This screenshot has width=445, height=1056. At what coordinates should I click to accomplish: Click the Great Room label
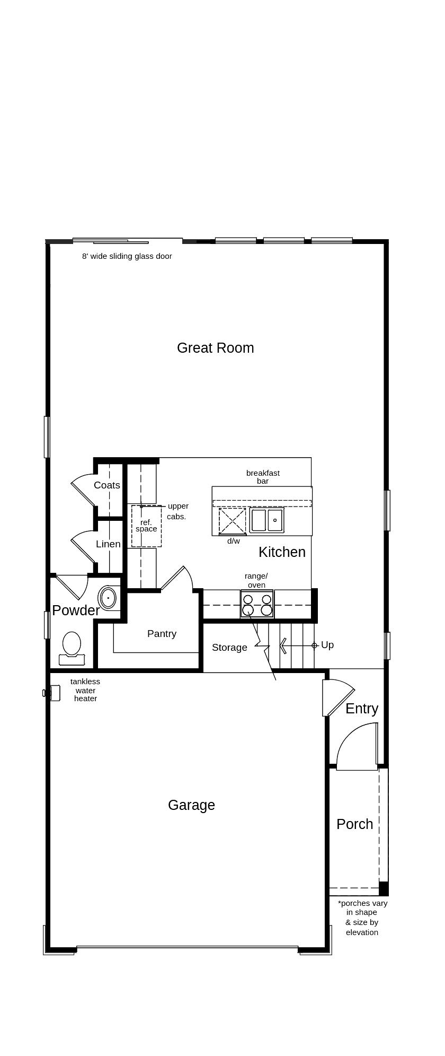pyautogui.click(x=215, y=348)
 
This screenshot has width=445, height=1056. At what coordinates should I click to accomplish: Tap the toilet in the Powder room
pyautogui.click(x=72, y=648)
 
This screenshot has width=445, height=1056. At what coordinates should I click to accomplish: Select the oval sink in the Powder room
pyautogui.click(x=108, y=598)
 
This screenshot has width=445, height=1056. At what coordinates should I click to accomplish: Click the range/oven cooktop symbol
pyautogui.click(x=257, y=604)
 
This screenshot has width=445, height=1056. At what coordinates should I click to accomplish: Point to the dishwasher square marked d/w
pyautogui.click(x=233, y=521)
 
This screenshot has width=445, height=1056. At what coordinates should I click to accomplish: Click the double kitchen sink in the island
pyautogui.click(x=267, y=520)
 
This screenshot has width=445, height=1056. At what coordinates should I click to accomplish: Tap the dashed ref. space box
pyautogui.click(x=147, y=526)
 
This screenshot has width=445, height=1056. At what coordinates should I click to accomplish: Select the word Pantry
pyautogui.click(x=162, y=634)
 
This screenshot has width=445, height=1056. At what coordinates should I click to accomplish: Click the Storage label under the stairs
pyautogui.click(x=229, y=648)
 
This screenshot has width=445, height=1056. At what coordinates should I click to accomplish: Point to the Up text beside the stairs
pyautogui.click(x=327, y=645)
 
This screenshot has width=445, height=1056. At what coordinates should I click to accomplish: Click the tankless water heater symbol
pyautogui.click(x=51, y=693)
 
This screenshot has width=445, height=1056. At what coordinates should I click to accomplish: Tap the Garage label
pyautogui.click(x=191, y=805)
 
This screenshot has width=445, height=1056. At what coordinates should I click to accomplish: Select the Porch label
pyautogui.click(x=355, y=824)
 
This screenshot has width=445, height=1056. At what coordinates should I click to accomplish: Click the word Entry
pyautogui.click(x=362, y=709)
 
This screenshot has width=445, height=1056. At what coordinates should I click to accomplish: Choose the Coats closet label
pyautogui.click(x=107, y=485)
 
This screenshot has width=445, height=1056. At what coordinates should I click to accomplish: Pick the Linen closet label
pyautogui.click(x=108, y=544)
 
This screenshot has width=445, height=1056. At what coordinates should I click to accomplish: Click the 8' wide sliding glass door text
pyautogui.click(x=127, y=256)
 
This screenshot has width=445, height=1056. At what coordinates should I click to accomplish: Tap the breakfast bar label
pyautogui.click(x=263, y=477)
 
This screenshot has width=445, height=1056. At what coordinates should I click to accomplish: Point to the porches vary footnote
pyautogui.click(x=362, y=918)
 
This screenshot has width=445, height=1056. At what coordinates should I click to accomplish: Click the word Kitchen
pyautogui.click(x=282, y=552)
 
